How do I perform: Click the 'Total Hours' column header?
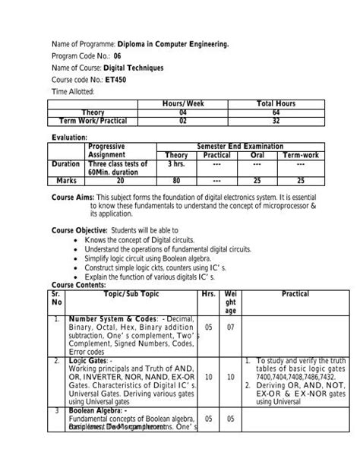click(276, 103)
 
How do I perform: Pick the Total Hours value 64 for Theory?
click(276, 111)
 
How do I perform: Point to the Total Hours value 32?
click(276, 120)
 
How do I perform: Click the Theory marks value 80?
click(175, 181)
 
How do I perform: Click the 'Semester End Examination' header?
click(239, 145)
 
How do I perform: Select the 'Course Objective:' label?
click(80, 229)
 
